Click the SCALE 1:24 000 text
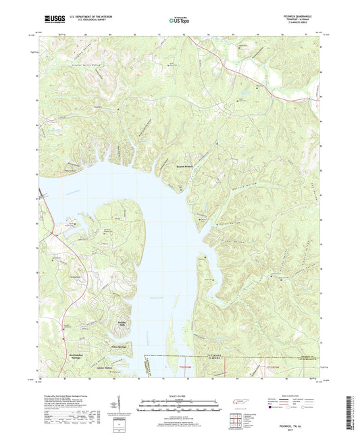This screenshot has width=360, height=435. click(179, 395)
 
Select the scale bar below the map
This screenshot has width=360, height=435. click(179, 406)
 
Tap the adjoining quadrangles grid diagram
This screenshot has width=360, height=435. click(236, 420)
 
